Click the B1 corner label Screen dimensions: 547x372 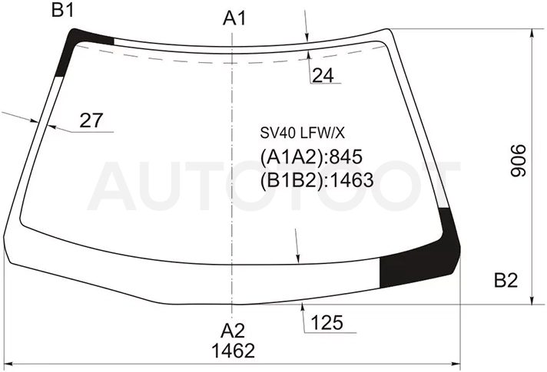[x=63, y=10]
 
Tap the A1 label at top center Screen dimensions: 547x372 [x=234, y=18]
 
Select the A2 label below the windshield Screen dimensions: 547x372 [x=233, y=331]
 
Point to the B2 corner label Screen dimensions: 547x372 [x=506, y=280]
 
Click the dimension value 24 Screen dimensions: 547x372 [x=323, y=75]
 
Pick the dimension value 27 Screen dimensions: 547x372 [x=91, y=120]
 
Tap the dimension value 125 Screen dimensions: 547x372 [x=327, y=323]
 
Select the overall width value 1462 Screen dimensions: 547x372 [x=233, y=351]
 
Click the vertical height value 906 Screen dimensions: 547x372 [x=519, y=161]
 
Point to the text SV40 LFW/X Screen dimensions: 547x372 [x=302, y=133]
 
